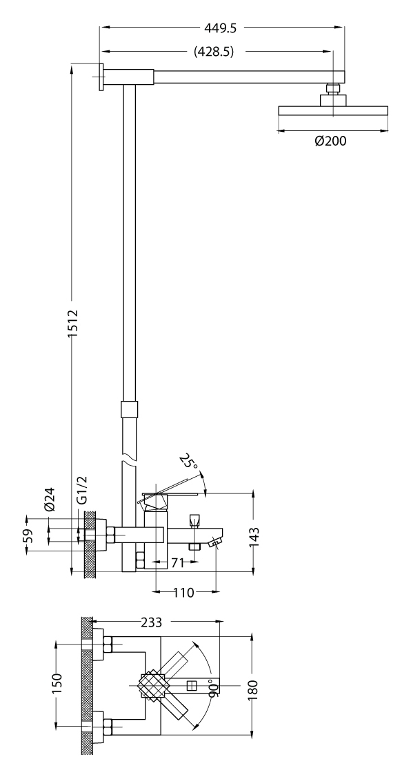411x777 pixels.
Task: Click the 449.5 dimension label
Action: tap(221, 28)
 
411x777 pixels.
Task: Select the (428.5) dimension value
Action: tap(214, 52)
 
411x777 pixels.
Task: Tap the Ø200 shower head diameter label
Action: tap(331, 141)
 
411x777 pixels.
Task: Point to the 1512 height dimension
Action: tap(73, 323)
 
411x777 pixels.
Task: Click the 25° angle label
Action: tap(189, 462)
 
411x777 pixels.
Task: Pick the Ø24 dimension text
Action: tap(50, 500)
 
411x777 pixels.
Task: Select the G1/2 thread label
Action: tap(82, 491)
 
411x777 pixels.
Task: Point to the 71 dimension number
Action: tap(177, 563)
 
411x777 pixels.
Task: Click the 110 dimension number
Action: tap(183, 593)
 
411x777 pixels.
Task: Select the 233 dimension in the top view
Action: tap(152, 622)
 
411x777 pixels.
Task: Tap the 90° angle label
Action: tap(212, 688)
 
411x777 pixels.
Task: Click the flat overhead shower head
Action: tap(333, 110)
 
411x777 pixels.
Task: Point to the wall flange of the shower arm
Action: tap(102, 77)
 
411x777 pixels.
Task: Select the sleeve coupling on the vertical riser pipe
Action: tap(129, 411)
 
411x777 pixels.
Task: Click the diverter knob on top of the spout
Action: tap(194, 520)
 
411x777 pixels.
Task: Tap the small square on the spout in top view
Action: tap(192, 686)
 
